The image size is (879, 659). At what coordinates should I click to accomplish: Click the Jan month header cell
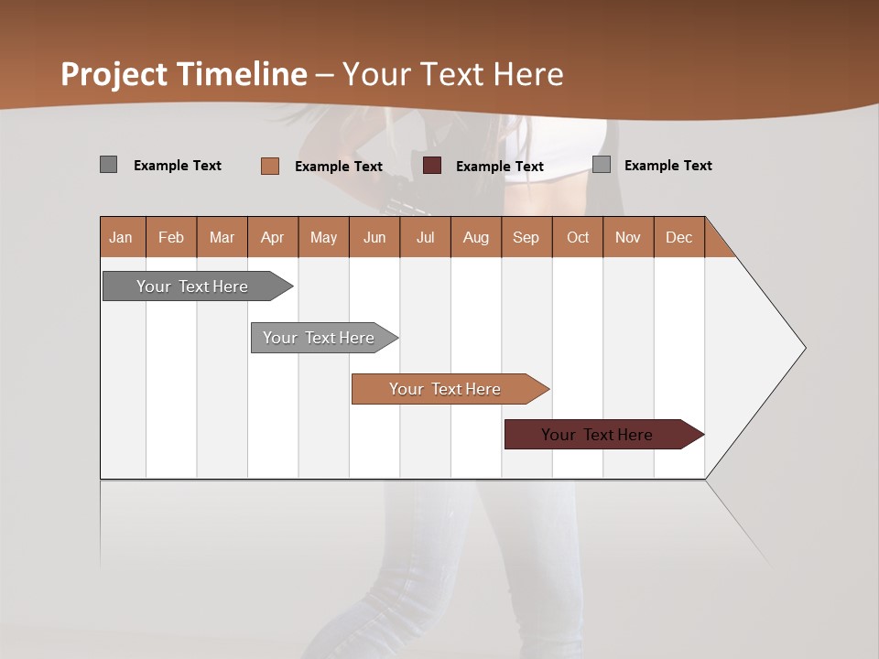tap(122, 237)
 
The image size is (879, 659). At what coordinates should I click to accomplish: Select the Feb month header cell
tap(171, 237)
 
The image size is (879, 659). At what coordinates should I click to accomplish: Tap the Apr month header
tap(273, 237)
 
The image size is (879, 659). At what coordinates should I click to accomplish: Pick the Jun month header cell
tap(374, 237)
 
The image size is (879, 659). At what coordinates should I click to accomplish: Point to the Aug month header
tap(476, 237)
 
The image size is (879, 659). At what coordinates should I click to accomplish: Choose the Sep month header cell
tap(526, 237)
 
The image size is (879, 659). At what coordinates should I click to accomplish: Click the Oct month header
tap(578, 237)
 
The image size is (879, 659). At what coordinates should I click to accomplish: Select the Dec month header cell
tap(679, 237)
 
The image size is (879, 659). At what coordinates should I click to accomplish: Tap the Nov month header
tap(628, 237)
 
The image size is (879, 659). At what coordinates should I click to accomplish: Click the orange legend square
tap(270, 166)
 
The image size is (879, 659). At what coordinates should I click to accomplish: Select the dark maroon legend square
tap(432, 166)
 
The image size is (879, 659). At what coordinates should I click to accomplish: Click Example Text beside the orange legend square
tap(339, 167)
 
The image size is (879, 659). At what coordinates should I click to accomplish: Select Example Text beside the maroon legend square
tap(500, 167)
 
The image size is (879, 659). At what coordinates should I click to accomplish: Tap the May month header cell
tap(323, 237)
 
